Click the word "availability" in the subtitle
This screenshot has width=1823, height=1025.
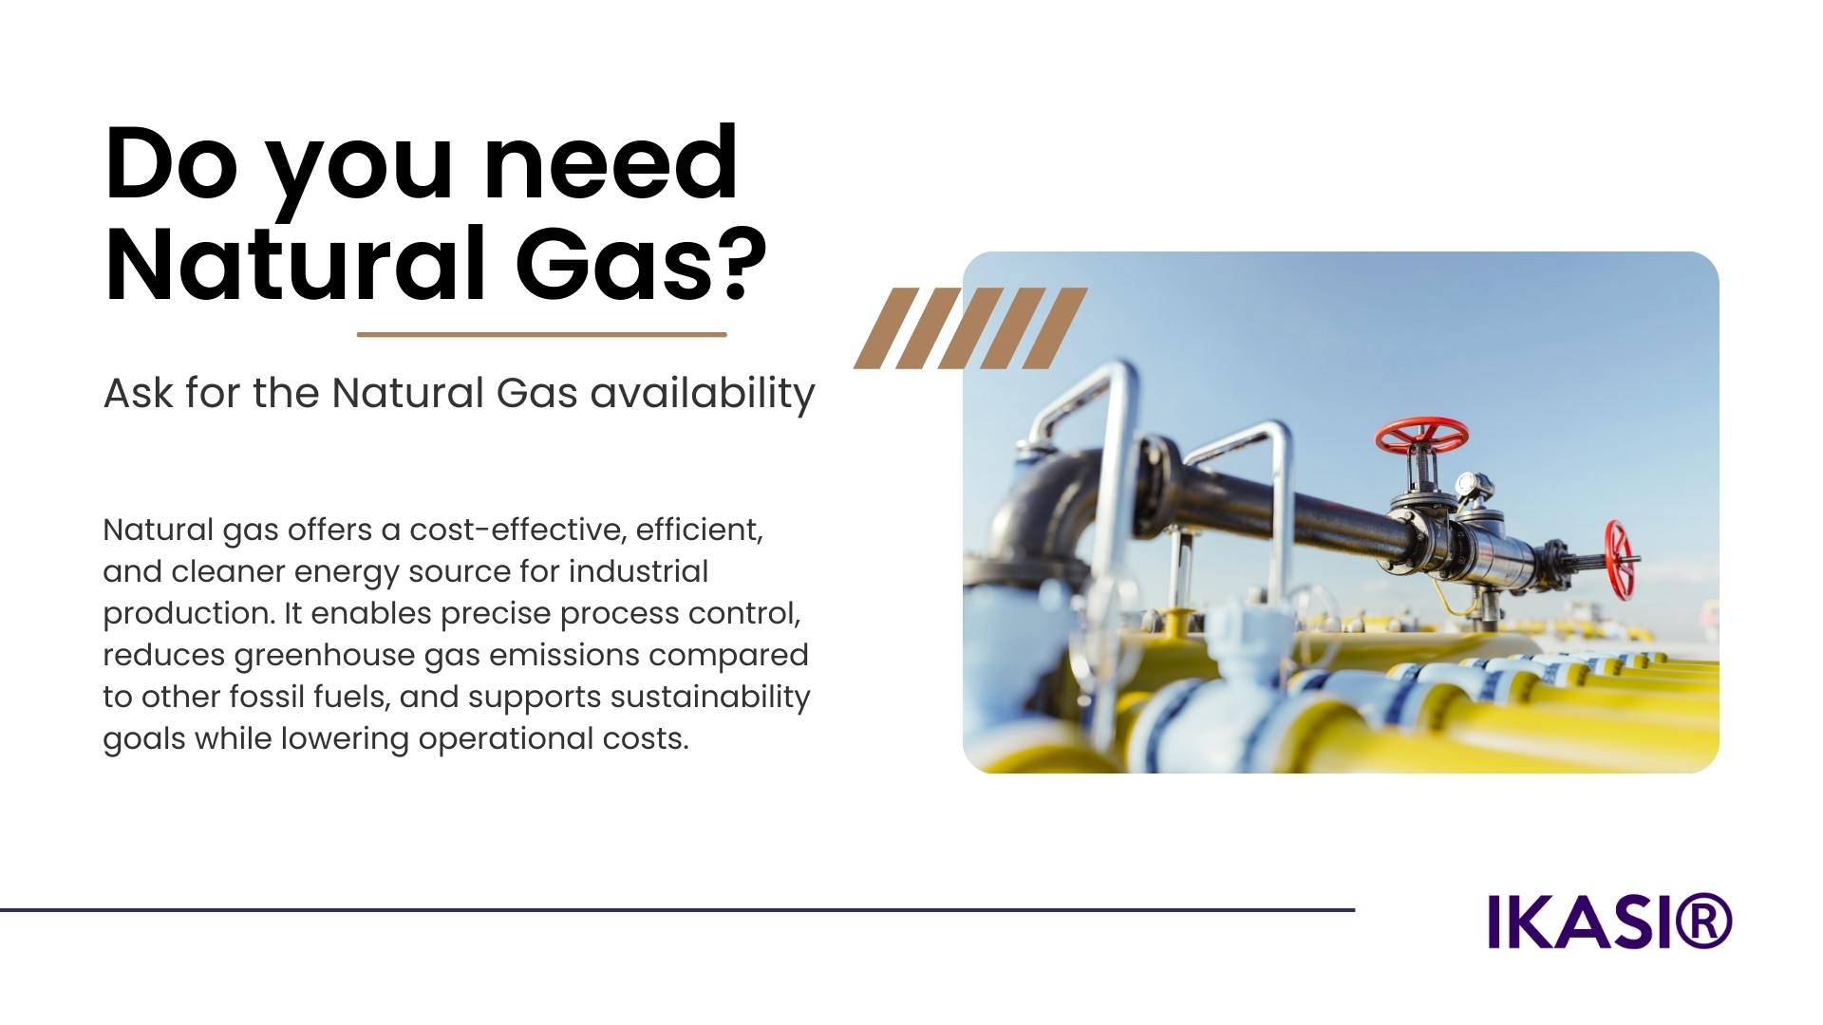tap(703, 393)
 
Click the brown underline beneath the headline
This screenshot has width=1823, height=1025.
tap(541, 334)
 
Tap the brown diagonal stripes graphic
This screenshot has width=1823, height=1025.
tap(970, 328)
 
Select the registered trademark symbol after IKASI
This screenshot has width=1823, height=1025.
tap(1705, 921)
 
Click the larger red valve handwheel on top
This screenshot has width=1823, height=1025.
tap(1421, 436)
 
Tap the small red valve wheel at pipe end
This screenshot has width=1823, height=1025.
tap(1619, 560)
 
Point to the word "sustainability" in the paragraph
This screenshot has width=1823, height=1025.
tap(710, 698)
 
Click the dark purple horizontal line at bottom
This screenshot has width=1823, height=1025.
tap(677, 910)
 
